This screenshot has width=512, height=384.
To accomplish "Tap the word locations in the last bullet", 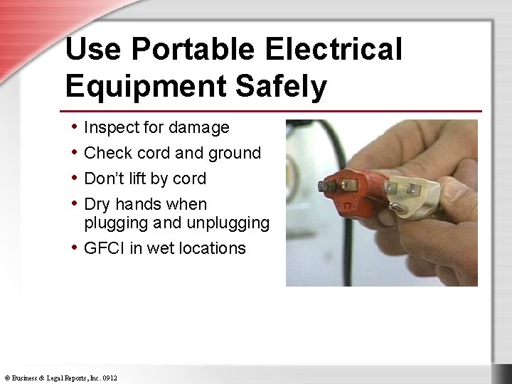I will click(211, 248).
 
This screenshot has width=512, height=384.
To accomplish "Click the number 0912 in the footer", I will click(110, 378).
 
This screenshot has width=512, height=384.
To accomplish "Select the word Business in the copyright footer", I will click(27, 378).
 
